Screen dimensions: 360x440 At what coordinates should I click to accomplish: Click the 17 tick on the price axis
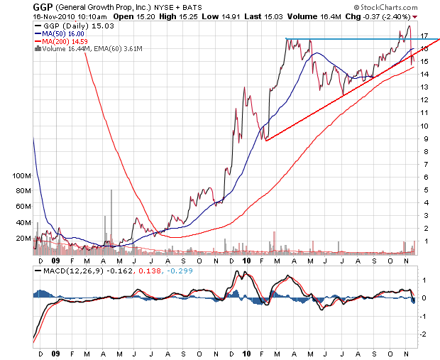click(423, 36)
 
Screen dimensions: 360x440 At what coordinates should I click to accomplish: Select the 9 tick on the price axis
click(422, 139)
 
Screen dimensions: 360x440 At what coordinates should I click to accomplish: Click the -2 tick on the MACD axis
click(422, 333)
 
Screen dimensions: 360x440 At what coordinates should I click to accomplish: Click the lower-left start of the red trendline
click(266, 141)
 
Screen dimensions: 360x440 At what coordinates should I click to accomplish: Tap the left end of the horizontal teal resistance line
click(285, 39)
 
